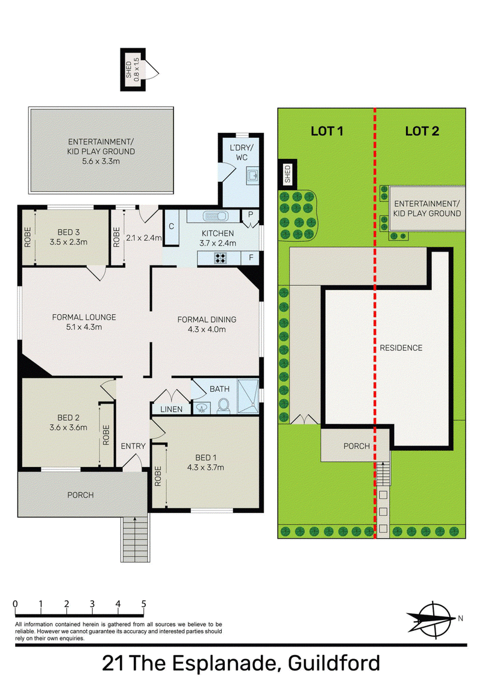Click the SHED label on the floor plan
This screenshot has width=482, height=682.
[129, 70]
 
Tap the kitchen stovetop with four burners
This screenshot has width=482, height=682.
[221, 258]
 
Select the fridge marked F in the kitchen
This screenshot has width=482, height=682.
[251, 258]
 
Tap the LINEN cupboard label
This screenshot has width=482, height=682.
[171, 409]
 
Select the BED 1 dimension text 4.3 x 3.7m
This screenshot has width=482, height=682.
[205, 468]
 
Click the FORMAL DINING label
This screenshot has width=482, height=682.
[207, 320]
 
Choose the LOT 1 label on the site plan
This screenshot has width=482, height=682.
[327, 131]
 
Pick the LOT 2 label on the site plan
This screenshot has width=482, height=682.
[422, 131]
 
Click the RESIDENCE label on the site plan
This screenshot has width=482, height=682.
[401, 348]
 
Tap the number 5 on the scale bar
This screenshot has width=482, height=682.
[143, 604]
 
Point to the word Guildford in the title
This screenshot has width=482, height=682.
[334, 663]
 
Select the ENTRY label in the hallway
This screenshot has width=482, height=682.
[133, 446]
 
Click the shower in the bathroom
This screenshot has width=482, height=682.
[248, 396]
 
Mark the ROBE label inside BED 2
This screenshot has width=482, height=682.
[106, 435]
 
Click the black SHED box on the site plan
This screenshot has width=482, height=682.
[287, 175]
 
